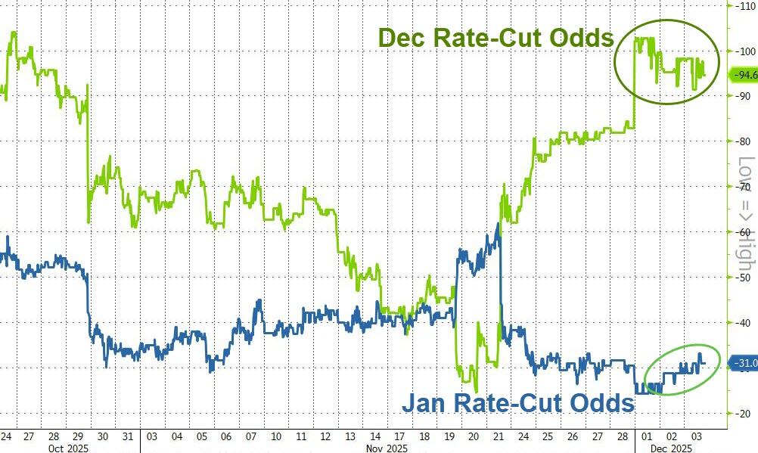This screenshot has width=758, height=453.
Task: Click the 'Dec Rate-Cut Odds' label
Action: coord(495,38)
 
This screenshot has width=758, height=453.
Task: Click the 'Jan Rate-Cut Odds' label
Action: coord(517,403)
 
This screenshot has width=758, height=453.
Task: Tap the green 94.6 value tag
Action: coord(742,74)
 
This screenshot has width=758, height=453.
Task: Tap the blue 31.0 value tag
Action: coord(742,363)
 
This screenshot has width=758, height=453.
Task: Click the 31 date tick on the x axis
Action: coord(129,436)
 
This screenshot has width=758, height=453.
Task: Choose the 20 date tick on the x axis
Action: coord(474,436)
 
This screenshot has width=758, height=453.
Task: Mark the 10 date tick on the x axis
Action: coord(277,436)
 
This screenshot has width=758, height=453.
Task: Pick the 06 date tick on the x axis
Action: coord(228,436)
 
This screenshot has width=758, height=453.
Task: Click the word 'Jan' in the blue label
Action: coord(425,403)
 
